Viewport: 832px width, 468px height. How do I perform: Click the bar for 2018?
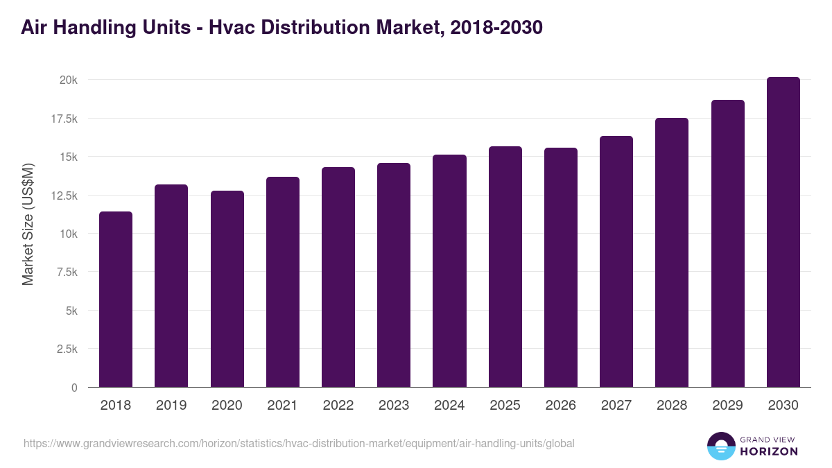(x=116, y=300)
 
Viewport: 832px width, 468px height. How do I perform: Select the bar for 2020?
(x=227, y=289)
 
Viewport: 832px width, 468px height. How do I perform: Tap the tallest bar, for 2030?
(x=783, y=232)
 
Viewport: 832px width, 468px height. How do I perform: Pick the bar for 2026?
(x=560, y=268)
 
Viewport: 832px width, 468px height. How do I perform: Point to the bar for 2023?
(x=394, y=275)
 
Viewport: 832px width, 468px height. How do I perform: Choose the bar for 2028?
(x=672, y=252)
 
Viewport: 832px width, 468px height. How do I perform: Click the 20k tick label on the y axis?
(x=68, y=80)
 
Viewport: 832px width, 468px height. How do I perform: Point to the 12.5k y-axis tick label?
(x=64, y=196)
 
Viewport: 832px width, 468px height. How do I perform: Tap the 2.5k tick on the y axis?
(x=67, y=349)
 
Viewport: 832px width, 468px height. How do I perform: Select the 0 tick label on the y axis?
(x=73, y=388)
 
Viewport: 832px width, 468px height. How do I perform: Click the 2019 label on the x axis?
(x=171, y=406)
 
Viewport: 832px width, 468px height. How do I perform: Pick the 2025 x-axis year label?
(x=505, y=406)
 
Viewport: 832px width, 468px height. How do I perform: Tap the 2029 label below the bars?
(x=727, y=406)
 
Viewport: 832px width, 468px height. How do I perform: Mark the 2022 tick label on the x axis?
(x=338, y=406)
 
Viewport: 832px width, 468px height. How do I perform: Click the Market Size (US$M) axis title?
(x=28, y=224)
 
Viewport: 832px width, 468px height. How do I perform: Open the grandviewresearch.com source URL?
(x=299, y=443)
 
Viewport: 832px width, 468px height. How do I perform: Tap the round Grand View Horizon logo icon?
(x=720, y=446)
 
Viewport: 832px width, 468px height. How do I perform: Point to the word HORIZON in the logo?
(x=768, y=451)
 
